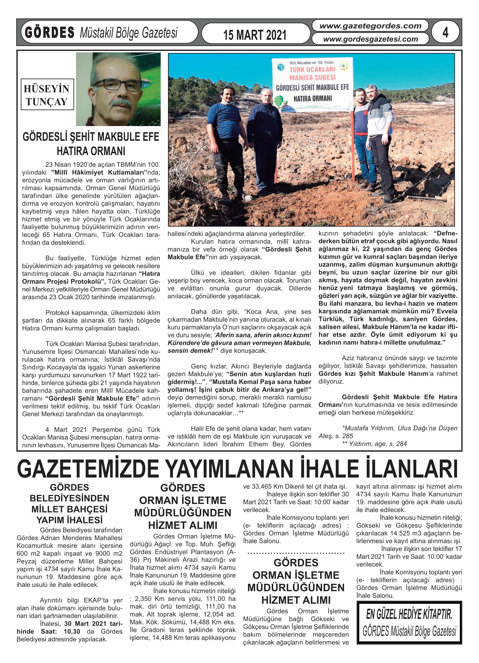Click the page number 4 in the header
click(445, 33)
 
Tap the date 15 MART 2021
click(255, 35)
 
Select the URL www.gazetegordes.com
click(370, 26)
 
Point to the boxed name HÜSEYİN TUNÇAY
click(47, 94)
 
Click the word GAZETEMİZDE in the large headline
click(88, 469)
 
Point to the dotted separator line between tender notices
click(296, 553)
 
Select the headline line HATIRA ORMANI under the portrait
click(91, 151)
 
